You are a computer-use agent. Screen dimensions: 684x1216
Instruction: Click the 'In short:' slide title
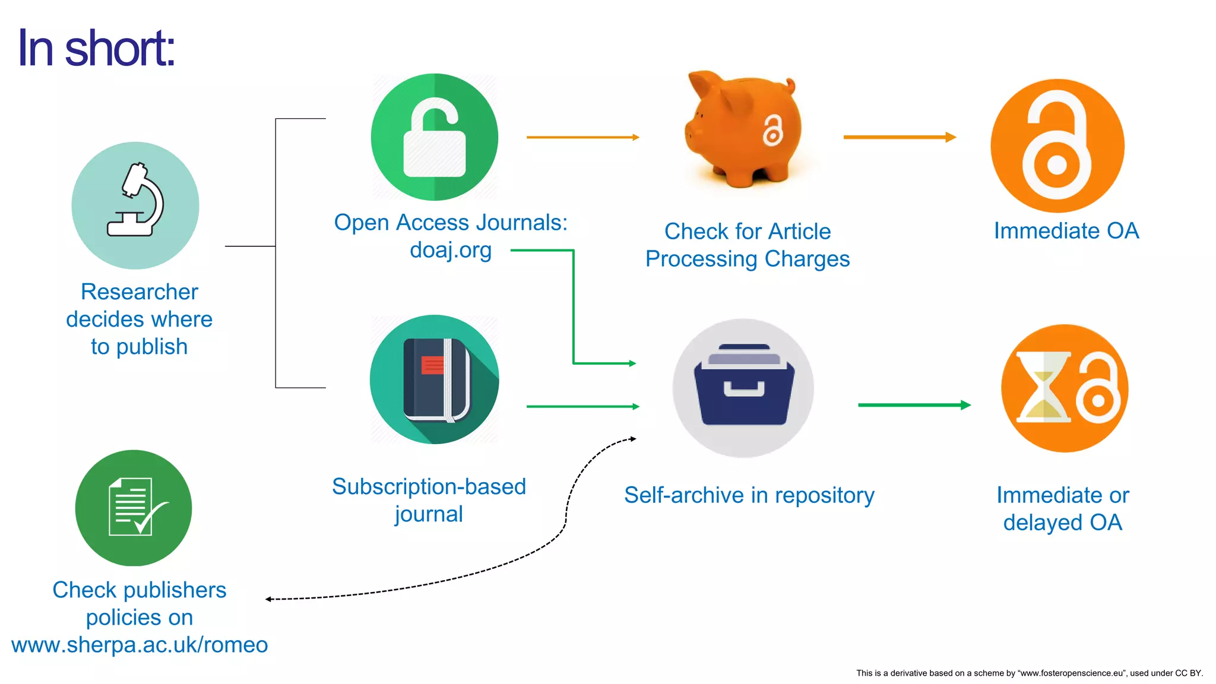pos(96,49)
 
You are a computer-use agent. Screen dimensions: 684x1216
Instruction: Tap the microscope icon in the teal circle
pos(135,202)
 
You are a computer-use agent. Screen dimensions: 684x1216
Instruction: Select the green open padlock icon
pos(435,138)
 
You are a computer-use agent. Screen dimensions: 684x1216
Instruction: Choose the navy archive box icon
pos(743,386)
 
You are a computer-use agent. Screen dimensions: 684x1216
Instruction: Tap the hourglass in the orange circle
pos(1043,387)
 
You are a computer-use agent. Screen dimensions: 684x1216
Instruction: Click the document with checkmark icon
pos(134,508)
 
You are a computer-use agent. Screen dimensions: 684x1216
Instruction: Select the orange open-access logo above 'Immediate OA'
pos(1057,146)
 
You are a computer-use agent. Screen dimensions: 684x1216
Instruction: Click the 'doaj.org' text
pos(451,250)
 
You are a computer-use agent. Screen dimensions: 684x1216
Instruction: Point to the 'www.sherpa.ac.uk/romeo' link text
pos(140,645)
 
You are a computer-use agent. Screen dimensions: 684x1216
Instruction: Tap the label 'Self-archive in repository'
pos(749,495)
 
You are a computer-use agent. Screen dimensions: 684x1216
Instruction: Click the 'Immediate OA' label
pos(1066,231)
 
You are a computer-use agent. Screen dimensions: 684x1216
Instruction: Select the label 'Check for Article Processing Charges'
pos(748,245)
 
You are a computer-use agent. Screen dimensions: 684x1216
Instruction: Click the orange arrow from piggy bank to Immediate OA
pos(899,137)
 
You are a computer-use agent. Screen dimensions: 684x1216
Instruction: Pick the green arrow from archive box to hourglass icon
pos(914,405)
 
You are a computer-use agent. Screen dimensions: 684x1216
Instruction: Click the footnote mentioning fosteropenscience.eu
pos(1029,673)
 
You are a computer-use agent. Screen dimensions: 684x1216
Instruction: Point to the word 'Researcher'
pos(140,292)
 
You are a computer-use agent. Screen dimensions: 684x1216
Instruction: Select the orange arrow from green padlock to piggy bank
pos(582,137)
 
